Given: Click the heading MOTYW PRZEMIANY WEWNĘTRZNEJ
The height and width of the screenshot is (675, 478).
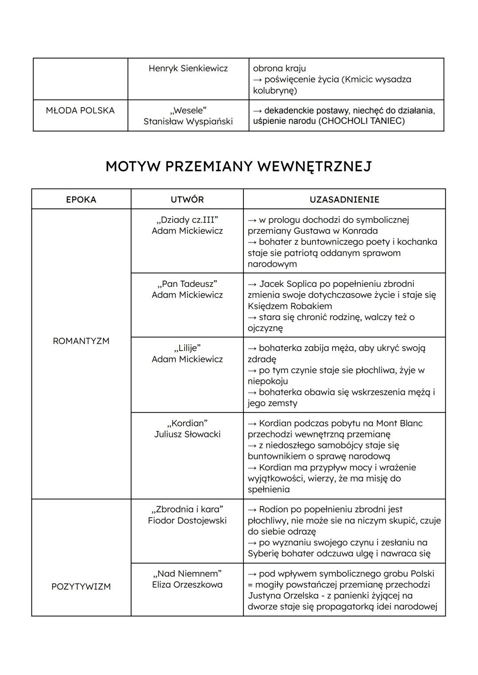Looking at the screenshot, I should pyautogui.click(x=239, y=166).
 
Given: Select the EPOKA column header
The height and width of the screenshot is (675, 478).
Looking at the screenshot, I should pyautogui.click(x=81, y=200).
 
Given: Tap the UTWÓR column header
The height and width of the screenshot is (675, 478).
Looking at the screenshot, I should pyautogui.click(x=187, y=200).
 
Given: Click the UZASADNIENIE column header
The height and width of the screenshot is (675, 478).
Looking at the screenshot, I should pyautogui.click(x=344, y=200).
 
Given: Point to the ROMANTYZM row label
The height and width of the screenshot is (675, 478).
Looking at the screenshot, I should pyautogui.click(x=81, y=341).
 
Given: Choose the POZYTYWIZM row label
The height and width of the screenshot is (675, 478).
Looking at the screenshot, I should pyautogui.click(x=81, y=586).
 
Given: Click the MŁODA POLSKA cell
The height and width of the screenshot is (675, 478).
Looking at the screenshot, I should pyautogui.click(x=80, y=110).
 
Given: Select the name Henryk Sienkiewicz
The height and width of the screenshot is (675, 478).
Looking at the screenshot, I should pyautogui.click(x=188, y=68).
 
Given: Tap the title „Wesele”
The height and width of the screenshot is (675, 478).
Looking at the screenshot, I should pyautogui.click(x=188, y=110).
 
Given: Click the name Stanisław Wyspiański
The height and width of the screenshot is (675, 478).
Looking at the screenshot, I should pyautogui.click(x=188, y=121).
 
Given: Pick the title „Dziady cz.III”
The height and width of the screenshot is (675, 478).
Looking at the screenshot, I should pyautogui.click(x=187, y=220).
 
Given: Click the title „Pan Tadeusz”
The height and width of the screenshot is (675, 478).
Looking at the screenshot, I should pyautogui.click(x=187, y=284).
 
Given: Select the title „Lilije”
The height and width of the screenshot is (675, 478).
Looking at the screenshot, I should pyautogui.click(x=187, y=348).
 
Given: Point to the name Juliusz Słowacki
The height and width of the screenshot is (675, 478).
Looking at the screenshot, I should pyautogui.click(x=187, y=434).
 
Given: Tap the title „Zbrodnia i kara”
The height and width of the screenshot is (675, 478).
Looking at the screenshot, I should pyautogui.click(x=187, y=509).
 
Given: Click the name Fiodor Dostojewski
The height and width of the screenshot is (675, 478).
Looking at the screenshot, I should pyautogui.click(x=187, y=521).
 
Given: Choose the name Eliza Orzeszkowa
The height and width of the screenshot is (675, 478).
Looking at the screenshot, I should pyautogui.click(x=187, y=584).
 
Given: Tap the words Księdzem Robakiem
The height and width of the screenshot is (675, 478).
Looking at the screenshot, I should pyautogui.click(x=289, y=306).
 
